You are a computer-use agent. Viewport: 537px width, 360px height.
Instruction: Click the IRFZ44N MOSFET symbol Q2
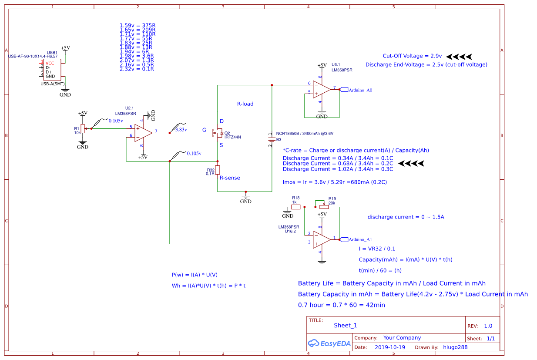pos(216,133)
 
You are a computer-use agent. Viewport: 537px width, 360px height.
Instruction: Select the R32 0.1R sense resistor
pos(218,170)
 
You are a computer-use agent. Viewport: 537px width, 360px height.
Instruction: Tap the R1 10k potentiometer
pos(82,129)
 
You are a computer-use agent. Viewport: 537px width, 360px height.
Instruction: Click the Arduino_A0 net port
pos(356,90)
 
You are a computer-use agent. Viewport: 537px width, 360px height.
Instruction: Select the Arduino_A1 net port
pos(356,239)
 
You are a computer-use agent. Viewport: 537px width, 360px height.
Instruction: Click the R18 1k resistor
pos(295,207)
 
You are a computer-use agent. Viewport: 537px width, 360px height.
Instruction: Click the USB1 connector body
pos(52,70)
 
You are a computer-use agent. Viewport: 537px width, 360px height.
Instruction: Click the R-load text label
pos(245,104)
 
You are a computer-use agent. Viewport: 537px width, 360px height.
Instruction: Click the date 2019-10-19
pos(389,347)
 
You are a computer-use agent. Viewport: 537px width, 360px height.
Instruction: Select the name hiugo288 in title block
pos(455,347)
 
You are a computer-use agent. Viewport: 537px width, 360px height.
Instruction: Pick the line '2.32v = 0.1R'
pos(137,69)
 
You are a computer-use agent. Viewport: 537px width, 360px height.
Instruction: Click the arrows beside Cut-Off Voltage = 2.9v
pos(459,56)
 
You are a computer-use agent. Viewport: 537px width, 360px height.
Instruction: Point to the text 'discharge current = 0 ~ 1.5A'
pos(406,217)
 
